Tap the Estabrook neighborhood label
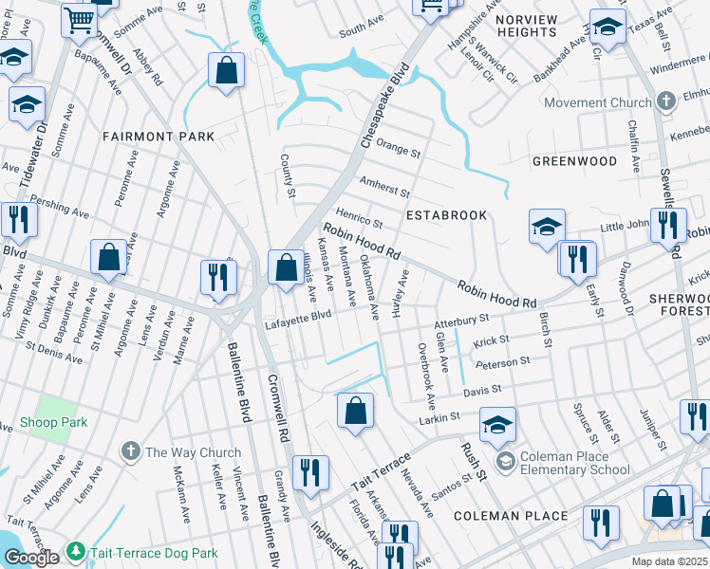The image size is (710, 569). point(446,215)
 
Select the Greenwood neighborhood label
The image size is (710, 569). point(574,161)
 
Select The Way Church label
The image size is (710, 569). point(188,452)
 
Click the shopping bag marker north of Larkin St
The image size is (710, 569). point(355,412)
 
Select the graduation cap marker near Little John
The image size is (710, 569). point(547,228)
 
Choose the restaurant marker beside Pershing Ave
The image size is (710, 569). point(19,220)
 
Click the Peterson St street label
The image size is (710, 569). point(502,363)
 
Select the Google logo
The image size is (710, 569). point(31,558)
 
